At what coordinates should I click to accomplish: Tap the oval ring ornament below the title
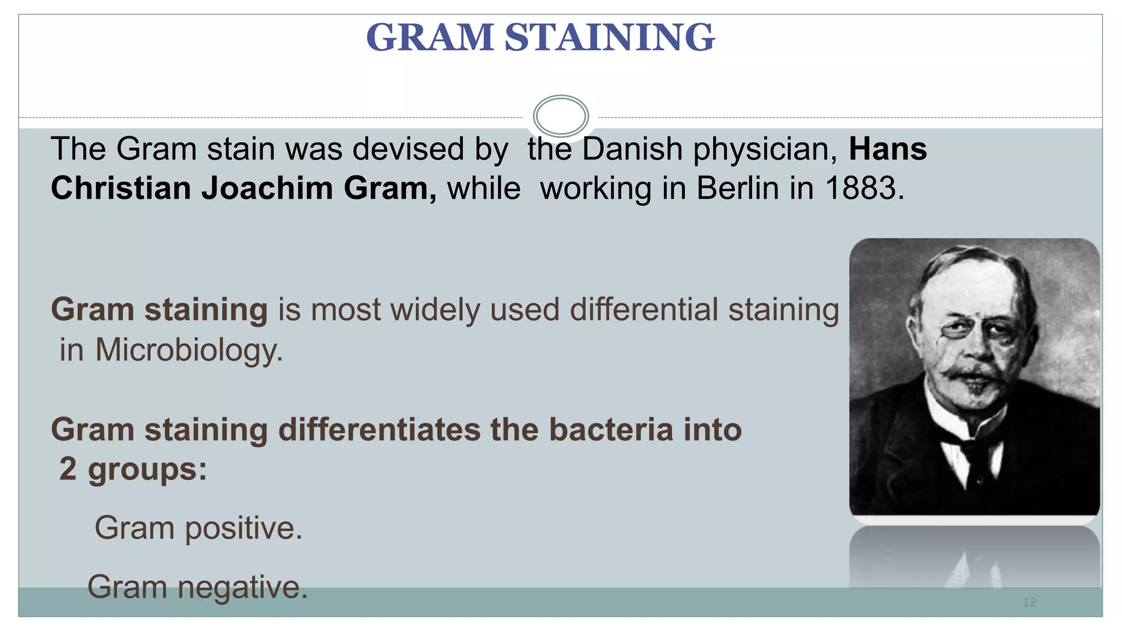[560, 116]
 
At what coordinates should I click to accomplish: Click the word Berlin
[737, 188]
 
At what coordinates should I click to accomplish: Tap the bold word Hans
[888, 149]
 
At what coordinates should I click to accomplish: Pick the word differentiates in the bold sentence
[379, 429]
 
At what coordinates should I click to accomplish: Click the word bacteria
[610, 429]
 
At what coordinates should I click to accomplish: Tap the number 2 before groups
[68, 469]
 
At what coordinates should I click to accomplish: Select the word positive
[243, 529]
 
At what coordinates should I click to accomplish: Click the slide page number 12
[1029, 603]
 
